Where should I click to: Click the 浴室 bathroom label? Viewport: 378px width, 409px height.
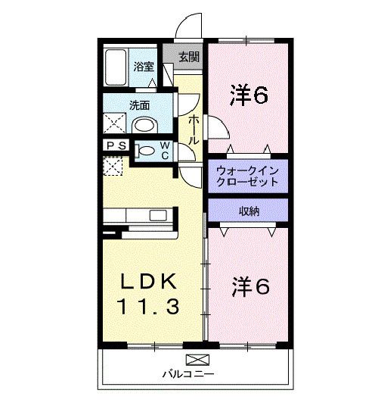144,66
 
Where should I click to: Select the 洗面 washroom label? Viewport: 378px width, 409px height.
138,105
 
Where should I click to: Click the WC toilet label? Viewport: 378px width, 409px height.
165,150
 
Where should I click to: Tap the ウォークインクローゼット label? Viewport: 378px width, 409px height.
247,176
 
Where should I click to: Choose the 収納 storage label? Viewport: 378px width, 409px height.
248,211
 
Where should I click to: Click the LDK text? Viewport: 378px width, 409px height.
150,282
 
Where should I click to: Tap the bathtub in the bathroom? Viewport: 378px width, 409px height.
116,67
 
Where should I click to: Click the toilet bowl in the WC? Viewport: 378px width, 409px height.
146,151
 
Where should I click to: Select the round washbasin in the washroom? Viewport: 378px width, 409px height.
144,125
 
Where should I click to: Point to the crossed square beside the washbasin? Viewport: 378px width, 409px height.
116,123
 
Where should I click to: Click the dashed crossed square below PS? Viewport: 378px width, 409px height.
113,166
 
